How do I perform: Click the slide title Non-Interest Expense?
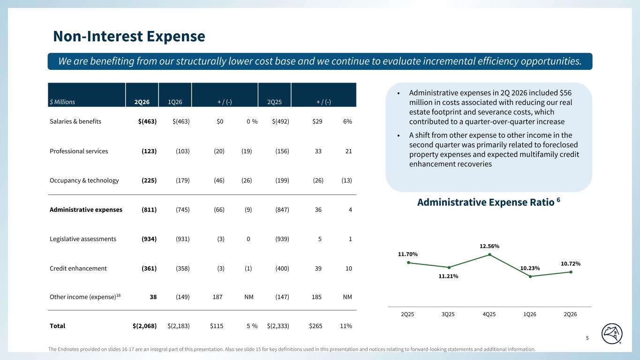point(129,36)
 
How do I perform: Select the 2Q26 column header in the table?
point(142,102)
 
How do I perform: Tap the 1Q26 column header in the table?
point(175,102)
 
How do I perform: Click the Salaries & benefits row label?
point(75,121)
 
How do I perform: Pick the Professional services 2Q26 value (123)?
point(149,151)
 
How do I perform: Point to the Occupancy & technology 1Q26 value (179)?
point(182,180)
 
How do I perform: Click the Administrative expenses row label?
point(86,210)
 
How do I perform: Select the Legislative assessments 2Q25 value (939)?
point(282,239)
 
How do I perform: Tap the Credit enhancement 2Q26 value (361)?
point(149,269)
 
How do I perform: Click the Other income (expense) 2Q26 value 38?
point(153,297)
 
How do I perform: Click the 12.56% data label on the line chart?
point(489,246)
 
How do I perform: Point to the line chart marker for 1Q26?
point(530,277)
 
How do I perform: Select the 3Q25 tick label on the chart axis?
point(448,314)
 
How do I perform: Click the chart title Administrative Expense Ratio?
point(486,202)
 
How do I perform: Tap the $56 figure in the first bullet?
point(566,93)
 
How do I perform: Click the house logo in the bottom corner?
point(612,334)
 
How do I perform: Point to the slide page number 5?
point(587,338)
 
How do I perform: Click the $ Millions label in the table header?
point(62,102)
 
